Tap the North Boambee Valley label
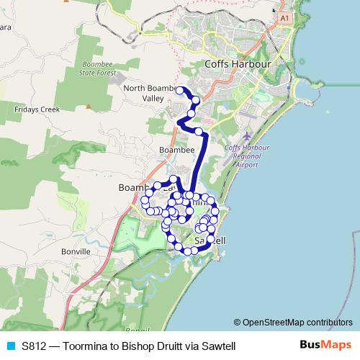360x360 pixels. [150, 93]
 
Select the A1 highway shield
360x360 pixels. [285, 17]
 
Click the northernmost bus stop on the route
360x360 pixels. [180, 90]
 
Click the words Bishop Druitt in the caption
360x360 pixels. [150, 346]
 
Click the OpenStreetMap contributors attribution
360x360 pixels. [297, 322]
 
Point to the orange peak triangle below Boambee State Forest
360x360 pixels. [89, 106]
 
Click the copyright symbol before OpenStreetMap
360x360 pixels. [238, 322]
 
